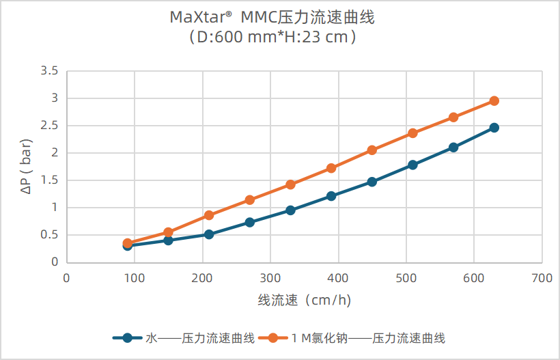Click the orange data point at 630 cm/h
[x=494, y=101]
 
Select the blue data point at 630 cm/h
[x=494, y=128]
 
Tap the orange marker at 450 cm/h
[x=372, y=150]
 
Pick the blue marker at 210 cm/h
[x=209, y=234]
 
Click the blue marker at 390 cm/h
[x=331, y=196]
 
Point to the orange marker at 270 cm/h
[x=250, y=200]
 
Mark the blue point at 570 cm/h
[x=453, y=148]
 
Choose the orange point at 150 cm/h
[x=168, y=232]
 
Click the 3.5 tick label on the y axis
[x=49, y=71]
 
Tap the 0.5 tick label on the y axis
[x=49, y=235]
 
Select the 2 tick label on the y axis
[x=55, y=153]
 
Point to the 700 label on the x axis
[x=542, y=279]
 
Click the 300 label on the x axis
[x=270, y=279]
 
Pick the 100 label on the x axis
[x=135, y=279]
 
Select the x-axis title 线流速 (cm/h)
[x=304, y=300]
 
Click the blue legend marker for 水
[x=127, y=337]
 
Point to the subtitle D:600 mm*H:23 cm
[x=272, y=38]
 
